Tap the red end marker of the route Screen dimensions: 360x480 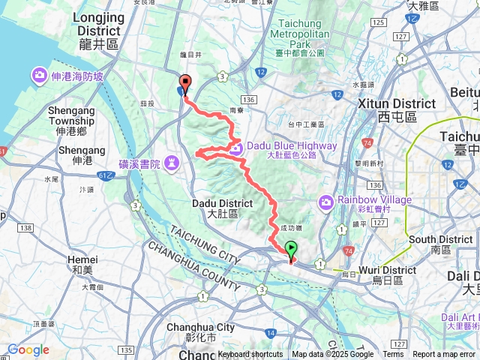(x=184, y=84)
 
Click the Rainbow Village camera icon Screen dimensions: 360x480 (x=325, y=201)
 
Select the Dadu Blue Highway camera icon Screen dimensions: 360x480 (x=235, y=148)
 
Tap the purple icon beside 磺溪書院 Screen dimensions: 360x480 (x=172, y=162)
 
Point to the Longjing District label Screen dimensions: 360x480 (x=98, y=31)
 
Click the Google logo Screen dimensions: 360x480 (x=28, y=350)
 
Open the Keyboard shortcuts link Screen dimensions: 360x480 (x=250, y=355)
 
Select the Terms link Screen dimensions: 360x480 (x=393, y=355)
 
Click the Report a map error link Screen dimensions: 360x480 (x=445, y=355)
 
